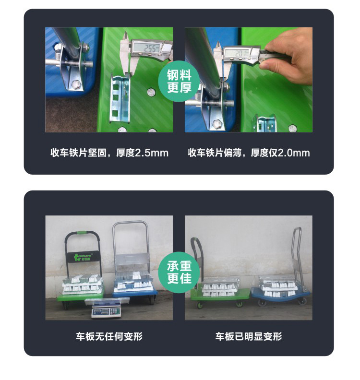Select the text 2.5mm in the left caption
[x=152, y=153]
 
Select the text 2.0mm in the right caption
[x=293, y=153]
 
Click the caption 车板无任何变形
[x=109, y=336]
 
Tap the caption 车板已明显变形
[x=248, y=336]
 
